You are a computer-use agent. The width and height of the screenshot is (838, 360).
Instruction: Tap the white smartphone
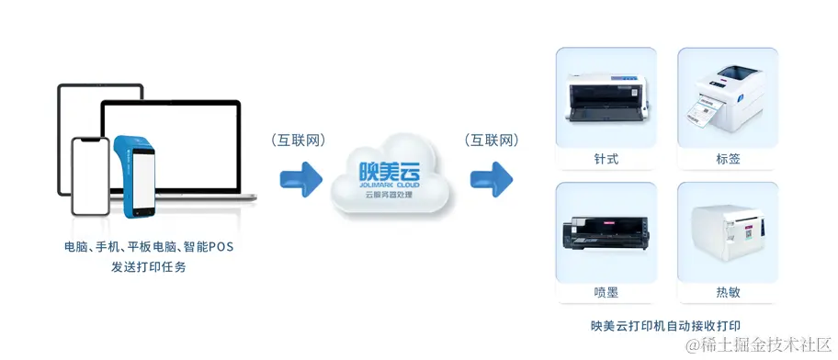(x=91, y=179)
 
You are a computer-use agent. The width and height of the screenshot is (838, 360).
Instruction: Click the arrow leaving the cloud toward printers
(x=491, y=176)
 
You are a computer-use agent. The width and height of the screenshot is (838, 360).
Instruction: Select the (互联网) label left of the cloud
(x=299, y=141)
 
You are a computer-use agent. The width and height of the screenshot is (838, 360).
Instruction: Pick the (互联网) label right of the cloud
(x=492, y=141)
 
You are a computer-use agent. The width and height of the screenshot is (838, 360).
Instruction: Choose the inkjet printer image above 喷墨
(x=606, y=233)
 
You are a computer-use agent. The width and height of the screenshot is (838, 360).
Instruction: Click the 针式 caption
(x=606, y=159)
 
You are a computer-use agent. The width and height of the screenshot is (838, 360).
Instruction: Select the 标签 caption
(x=728, y=159)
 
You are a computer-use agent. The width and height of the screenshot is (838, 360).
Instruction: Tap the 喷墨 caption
(x=606, y=292)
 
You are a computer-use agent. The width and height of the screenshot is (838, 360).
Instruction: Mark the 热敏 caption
(x=728, y=292)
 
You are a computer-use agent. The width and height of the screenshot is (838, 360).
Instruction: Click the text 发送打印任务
(x=148, y=267)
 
